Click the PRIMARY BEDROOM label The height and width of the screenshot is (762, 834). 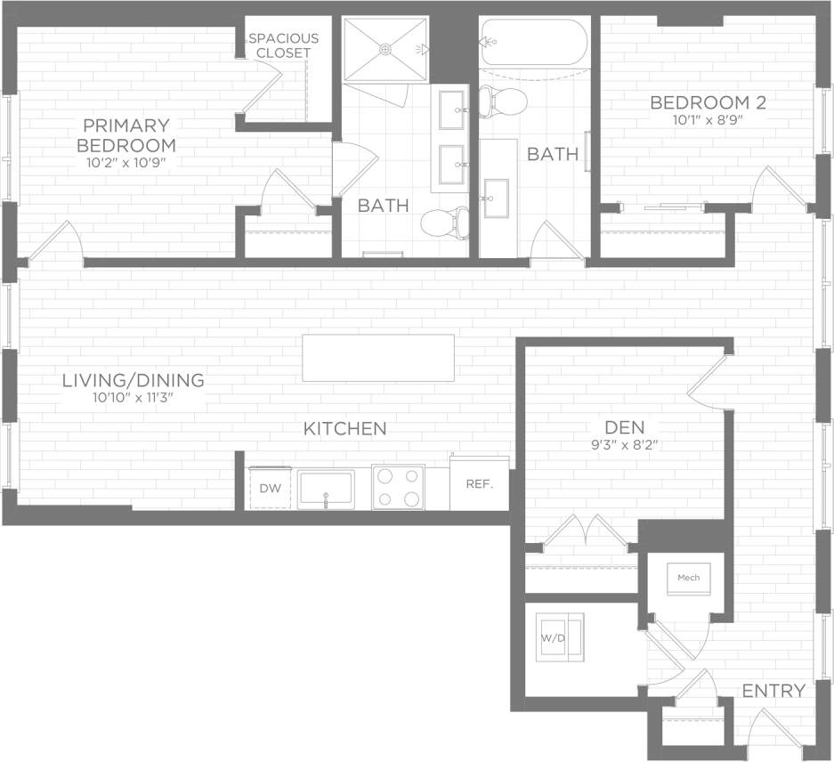[126, 134]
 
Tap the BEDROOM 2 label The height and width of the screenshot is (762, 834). [708, 101]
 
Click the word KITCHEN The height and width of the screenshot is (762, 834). [345, 428]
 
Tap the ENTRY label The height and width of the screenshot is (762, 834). [773, 690]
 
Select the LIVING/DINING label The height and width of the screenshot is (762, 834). [133, 380]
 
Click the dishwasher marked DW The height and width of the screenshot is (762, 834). [269, 488]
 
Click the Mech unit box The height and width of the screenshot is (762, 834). [689, 578]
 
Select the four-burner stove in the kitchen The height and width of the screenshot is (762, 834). [397, 488]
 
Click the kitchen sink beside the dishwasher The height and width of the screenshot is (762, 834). [326, 489]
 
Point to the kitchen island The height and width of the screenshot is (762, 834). [378, 358]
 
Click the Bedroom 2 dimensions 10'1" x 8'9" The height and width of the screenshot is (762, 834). [708, 119]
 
